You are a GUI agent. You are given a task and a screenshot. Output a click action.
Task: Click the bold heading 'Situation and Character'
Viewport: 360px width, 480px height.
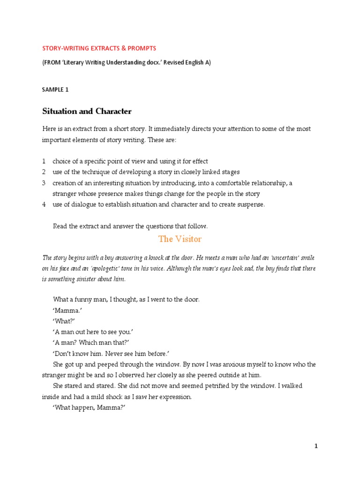(x=87, y=112)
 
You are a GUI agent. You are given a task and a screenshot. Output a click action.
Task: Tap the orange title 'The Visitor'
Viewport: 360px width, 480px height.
(x=180, y=239)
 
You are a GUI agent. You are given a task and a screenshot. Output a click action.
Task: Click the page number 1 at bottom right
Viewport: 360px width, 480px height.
(x=316, y=447)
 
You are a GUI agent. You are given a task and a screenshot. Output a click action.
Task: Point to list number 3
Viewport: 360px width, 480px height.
(x=44, y=183)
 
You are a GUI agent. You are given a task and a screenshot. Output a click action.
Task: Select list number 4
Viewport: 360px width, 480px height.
(x=44, y=204)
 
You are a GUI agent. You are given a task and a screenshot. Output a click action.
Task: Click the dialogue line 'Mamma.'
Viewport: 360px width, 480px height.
(x=65, y=310)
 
